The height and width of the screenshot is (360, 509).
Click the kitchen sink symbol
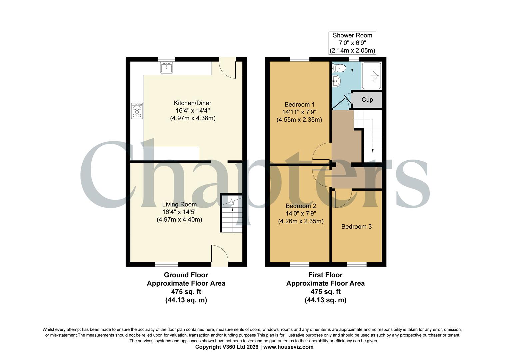pos(166,68)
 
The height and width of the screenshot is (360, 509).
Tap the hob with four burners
pos(137,111)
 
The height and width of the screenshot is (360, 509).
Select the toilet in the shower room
pos(339,68)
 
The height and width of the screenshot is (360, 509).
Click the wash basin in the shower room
pos(336,81)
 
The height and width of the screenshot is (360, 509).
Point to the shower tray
pos(371,76)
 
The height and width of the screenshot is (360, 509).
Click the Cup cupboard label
pos(367,100)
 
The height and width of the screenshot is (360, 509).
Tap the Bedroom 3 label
pos(356,227)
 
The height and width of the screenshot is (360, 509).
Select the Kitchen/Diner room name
pos(192,103)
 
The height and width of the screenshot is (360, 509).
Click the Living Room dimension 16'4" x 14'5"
pos(179,212)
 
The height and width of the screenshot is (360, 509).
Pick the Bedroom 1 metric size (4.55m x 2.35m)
pos(299,120)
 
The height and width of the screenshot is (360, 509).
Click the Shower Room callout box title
pos(352,35)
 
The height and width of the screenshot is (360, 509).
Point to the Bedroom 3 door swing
pos(343,199)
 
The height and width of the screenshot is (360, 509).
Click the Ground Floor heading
pos(186,275)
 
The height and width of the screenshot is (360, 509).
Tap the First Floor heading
pos(325,275)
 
